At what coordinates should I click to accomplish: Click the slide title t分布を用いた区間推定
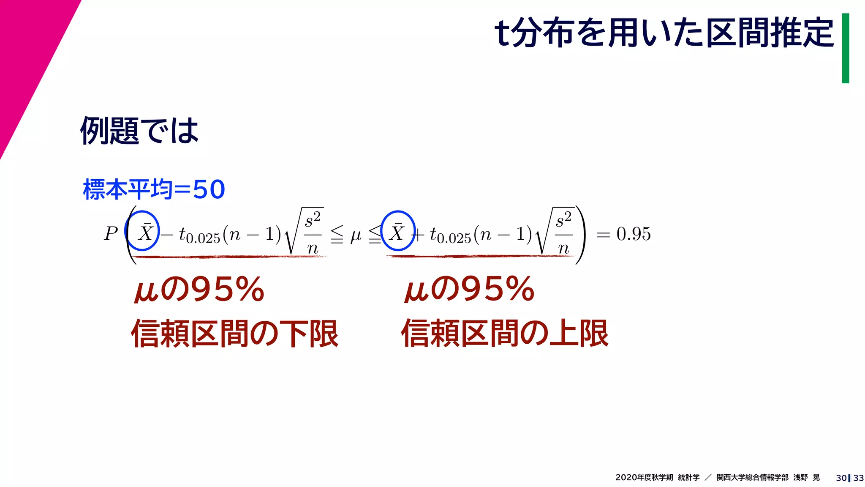[x=664, y=33]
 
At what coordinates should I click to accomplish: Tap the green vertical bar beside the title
[x=845, y=48]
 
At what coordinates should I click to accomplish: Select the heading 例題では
[x=139, y=131]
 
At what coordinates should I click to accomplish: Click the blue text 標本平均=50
[x=154, y=189]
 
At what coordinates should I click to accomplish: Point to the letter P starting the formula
[x=111, y=234]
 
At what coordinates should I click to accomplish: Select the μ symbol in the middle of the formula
[x=356, y=235]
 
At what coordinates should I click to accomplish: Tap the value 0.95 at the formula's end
[x=633, y=234]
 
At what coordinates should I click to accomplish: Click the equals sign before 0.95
[x=603, y=235]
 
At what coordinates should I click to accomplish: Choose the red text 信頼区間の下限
[x=235, y=334]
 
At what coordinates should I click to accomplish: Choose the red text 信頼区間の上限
[x=505, y=334]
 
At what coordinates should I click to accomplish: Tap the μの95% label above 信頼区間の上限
[x=469, y=290]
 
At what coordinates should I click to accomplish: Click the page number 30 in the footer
[x=841, y=478]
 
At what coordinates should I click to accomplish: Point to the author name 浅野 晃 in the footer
[x=806, y=478]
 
